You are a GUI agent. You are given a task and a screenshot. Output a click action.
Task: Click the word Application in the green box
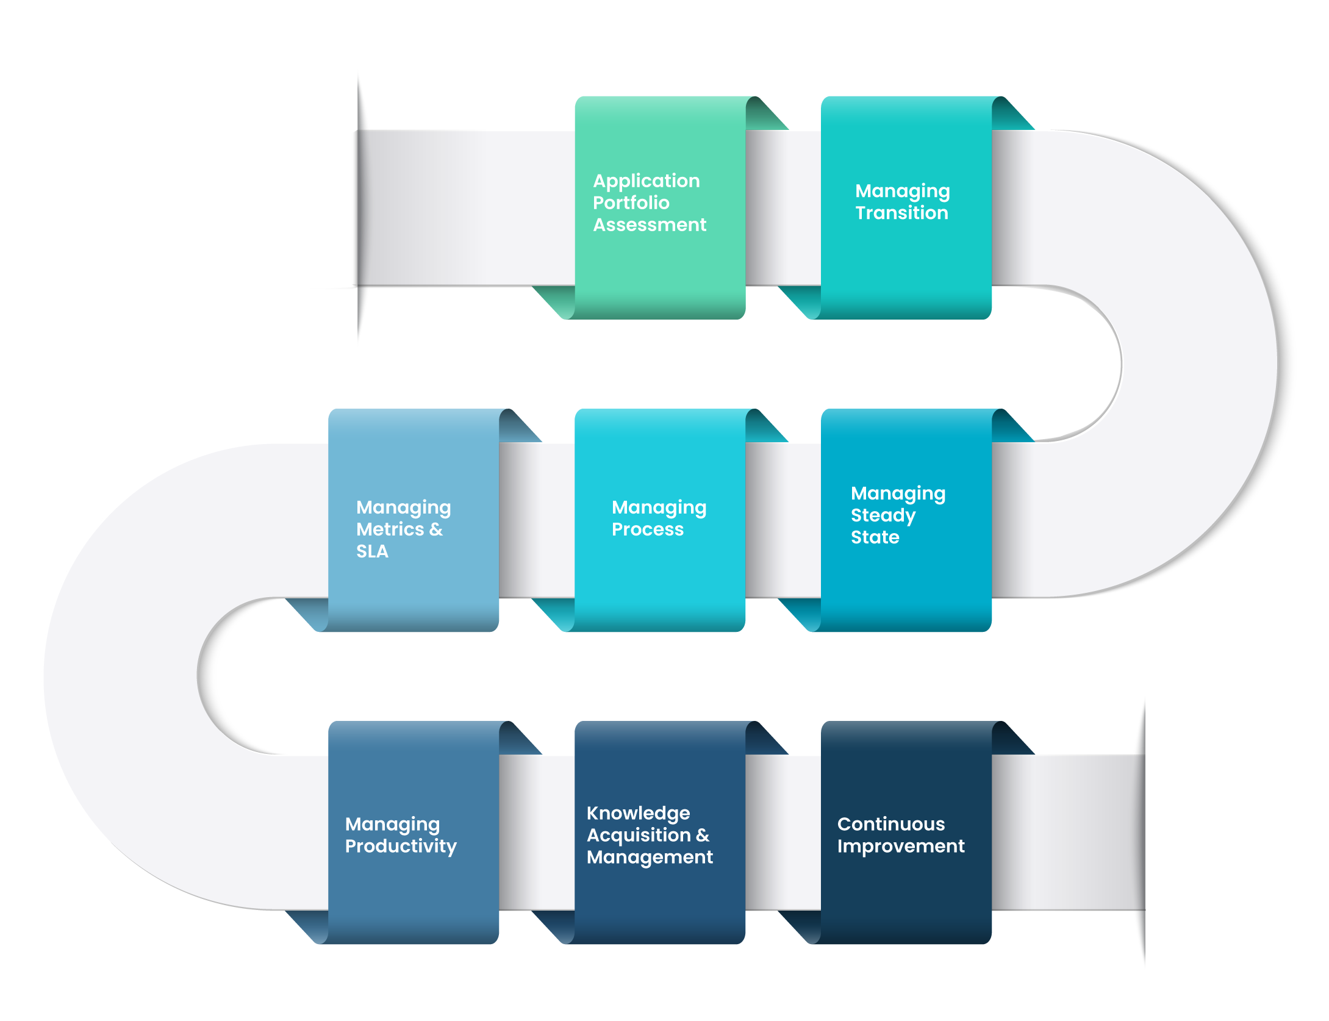tap(647, 181)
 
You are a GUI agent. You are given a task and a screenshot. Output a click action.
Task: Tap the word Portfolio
tap(631, 202)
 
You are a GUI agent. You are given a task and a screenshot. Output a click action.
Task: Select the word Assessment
tap(650, 224)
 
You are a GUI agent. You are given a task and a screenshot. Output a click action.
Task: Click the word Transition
tap(901, 213)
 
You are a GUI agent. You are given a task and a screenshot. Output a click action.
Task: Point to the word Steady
tap(883, 515)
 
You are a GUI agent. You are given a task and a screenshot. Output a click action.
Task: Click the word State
tap(875, 537)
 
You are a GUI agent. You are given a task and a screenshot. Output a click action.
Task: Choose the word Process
tap(647, 529)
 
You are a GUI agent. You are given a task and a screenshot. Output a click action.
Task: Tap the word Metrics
tap(390, 529)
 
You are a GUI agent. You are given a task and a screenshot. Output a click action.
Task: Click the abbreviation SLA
tap(372, 551)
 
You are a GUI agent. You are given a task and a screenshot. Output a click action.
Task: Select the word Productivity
tap(401, 846)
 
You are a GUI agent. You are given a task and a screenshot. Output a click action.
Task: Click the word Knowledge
tap(638, 813)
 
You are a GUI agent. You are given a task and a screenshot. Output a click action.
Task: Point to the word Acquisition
tap(639, 835)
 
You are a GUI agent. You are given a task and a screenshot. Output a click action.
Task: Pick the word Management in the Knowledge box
tap(650, 857)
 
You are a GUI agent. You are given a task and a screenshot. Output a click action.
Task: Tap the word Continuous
tap(890, 824)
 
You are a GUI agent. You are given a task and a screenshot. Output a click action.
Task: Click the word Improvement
tap(901, 846)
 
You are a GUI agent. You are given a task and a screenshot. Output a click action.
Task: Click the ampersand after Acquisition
tap(703, 835)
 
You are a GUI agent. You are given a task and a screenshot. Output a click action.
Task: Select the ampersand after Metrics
tap(436, 529)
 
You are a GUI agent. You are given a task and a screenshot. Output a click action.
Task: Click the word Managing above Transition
tap(902, 191)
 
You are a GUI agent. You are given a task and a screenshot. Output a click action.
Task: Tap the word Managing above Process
tap(659, 507)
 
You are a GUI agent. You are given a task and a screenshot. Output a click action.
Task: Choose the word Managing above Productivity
tap(392, 824)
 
